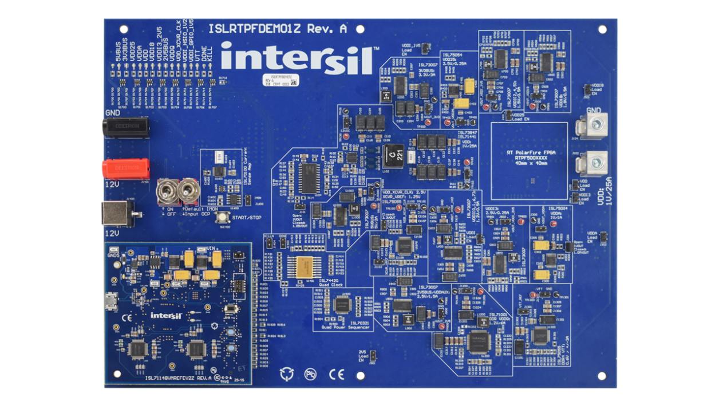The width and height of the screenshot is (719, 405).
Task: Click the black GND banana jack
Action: click(125, 128)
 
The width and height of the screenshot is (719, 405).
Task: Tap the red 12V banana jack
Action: click(125, 168)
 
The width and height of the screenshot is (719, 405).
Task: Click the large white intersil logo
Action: click(298, 57)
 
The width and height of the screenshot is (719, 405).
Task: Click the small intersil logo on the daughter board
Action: click(167, 315)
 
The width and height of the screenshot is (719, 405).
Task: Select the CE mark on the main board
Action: click(336, 374)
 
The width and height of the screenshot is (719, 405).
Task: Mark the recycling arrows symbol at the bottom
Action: click(285, 374)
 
